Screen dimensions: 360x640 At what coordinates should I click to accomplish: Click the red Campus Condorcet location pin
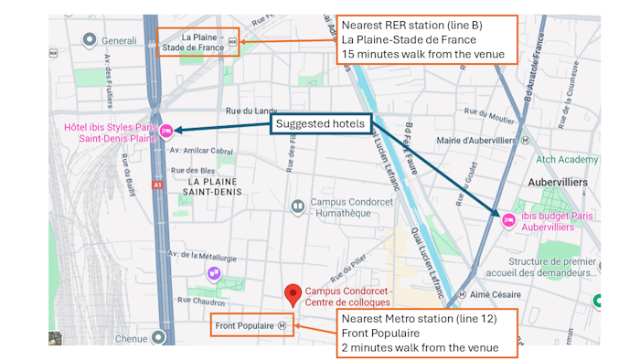(293, 294)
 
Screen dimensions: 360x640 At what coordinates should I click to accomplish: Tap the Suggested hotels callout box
(319, 123)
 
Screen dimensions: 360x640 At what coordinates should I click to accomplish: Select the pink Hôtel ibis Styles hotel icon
(166, 132)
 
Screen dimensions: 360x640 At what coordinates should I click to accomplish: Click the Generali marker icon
(90, 40)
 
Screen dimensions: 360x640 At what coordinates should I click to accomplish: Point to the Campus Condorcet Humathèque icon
(297, 206)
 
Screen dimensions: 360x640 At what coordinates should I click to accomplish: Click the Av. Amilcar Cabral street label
(207, 151)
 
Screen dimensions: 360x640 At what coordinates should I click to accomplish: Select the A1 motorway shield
(157, 184)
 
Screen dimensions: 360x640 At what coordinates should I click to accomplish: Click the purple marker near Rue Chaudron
(213, 272)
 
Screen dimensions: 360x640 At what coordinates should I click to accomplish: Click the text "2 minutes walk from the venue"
(420, 347)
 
